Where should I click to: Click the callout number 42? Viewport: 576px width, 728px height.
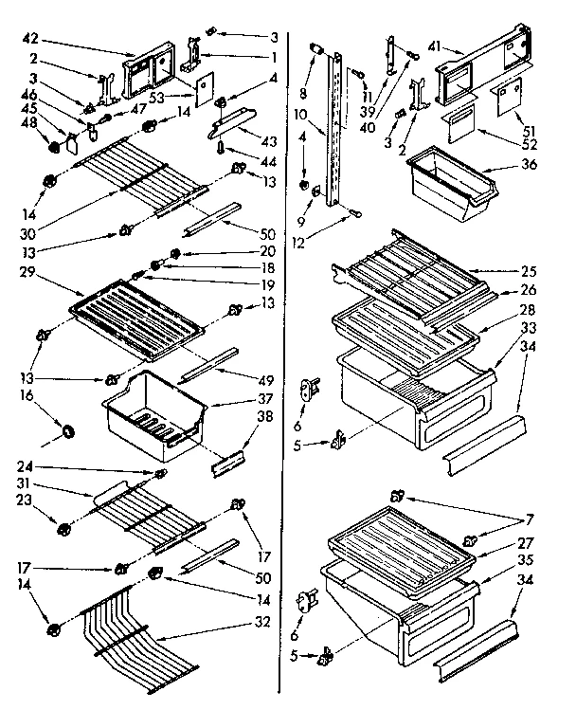point(29,41)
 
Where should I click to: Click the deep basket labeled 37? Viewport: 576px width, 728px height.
point(155,405)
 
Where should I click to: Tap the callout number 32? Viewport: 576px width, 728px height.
point(261,622)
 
